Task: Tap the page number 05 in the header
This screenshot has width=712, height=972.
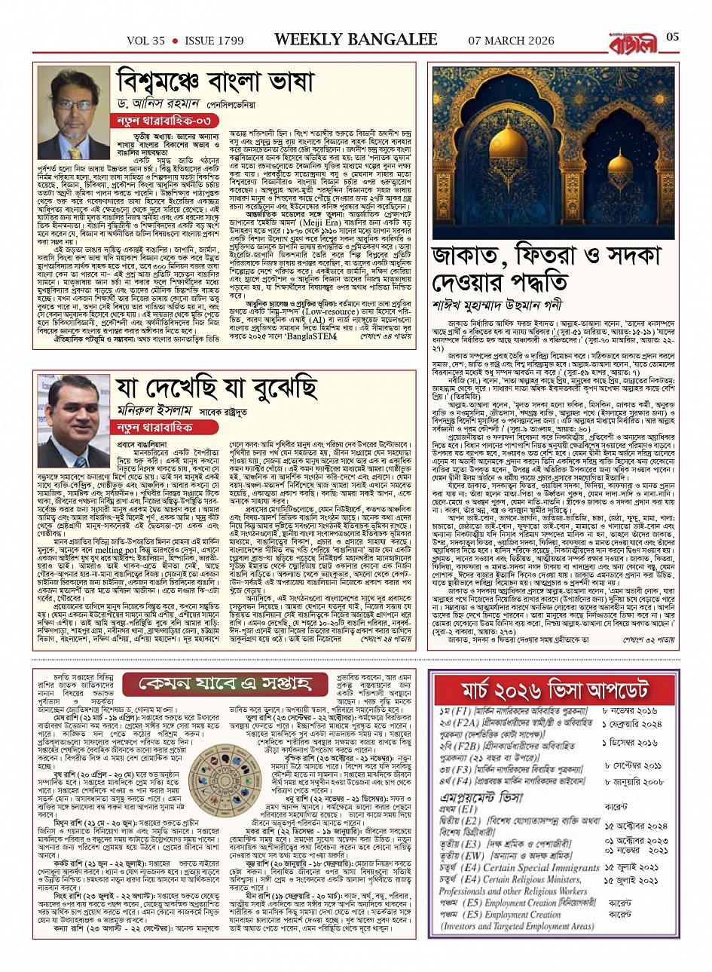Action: [673, 37]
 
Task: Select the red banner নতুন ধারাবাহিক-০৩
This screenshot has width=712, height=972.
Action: [160, 121]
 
